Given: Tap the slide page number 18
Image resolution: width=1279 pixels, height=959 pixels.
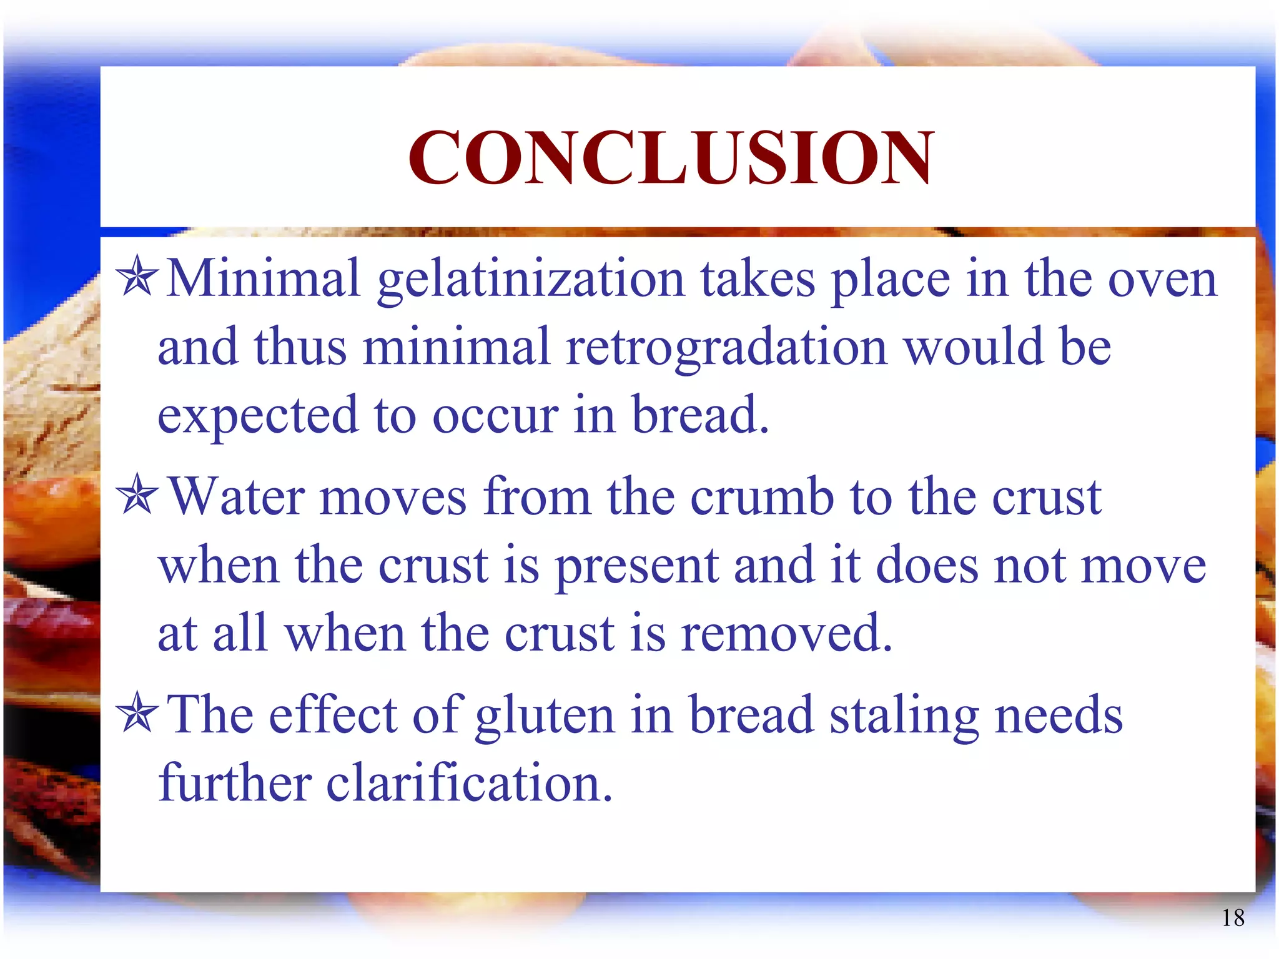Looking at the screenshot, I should coord(1233,918).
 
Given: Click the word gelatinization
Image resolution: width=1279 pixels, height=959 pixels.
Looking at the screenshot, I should coord(531,280).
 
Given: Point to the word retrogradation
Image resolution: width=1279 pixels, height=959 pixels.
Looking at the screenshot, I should coord(726,347).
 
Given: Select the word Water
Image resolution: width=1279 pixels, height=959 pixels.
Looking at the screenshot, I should coord(237,497).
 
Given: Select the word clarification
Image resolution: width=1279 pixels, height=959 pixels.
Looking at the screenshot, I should coord(469,783).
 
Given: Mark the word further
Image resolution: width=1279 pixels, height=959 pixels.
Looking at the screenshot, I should coord(235,783).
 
